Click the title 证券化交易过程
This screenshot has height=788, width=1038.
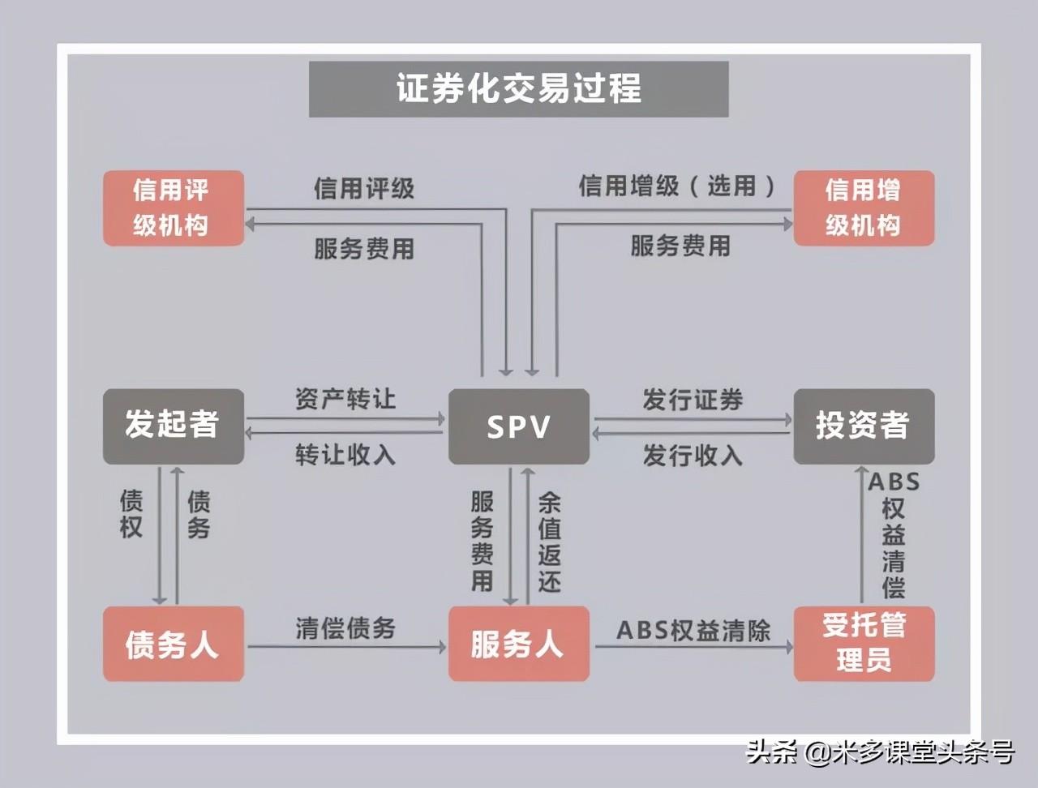518,88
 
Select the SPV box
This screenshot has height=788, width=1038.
518,426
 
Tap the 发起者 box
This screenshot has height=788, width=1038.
173,426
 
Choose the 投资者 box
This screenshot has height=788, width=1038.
863,426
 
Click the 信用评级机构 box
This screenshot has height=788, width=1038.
173,208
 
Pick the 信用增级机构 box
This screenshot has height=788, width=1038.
863,208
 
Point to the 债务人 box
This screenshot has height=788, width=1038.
173,645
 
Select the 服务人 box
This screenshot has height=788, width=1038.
518,645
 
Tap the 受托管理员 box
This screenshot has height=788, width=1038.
863,643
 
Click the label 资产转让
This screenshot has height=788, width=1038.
345,399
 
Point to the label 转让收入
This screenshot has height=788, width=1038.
345,455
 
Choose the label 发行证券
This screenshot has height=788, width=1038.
693,399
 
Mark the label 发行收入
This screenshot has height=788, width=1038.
693,455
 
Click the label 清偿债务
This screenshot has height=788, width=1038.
345,627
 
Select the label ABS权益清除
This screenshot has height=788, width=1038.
693,630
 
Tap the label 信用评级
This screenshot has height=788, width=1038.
364,188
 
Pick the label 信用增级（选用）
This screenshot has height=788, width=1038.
677,186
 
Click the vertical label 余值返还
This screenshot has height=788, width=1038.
549,542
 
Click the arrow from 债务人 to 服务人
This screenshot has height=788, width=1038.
346,647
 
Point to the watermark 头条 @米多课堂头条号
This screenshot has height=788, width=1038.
879,752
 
